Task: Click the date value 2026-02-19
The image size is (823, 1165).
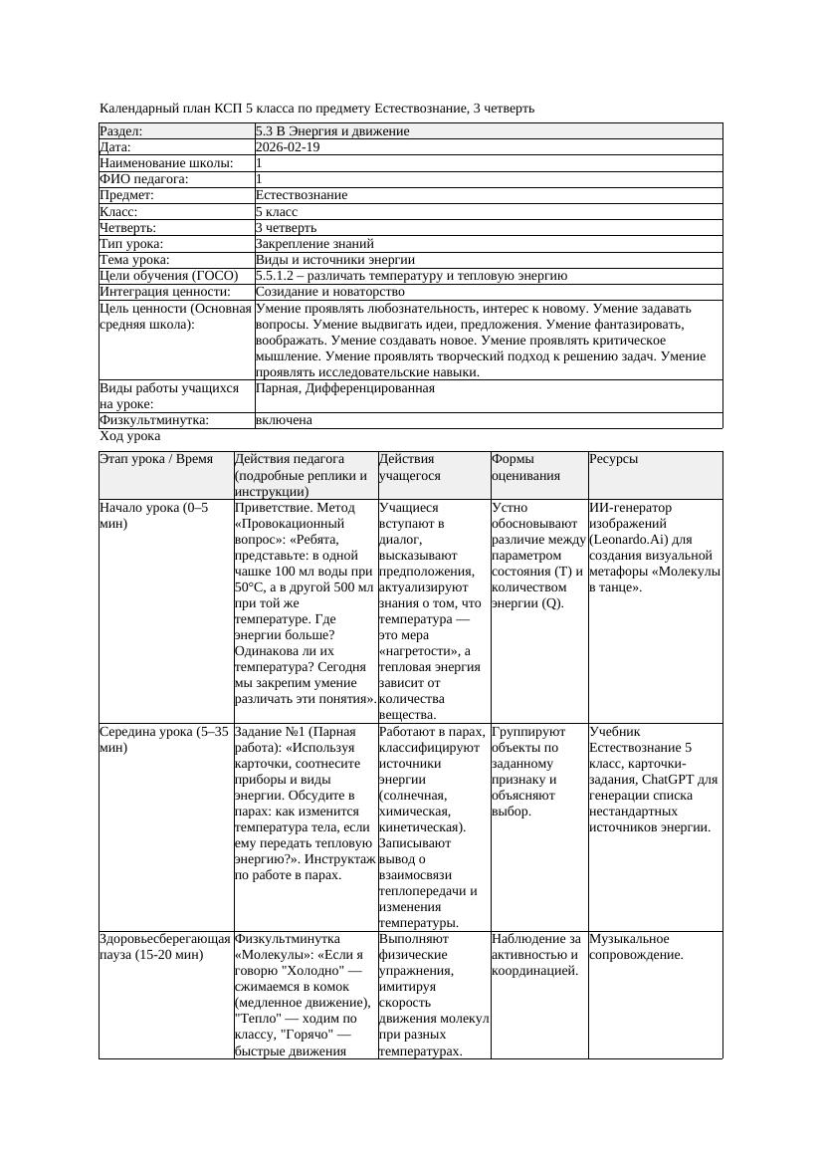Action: pos(288,147)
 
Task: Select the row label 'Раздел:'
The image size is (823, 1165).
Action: pos(121,131)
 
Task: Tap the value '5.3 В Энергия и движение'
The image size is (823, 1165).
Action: pos(332,131)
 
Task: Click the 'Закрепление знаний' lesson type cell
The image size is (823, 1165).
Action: pos(314,244)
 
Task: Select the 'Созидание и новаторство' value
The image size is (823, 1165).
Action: pos(329,292)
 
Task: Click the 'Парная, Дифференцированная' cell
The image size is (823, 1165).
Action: pos(344,388)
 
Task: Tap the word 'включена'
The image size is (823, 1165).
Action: pos(284,420)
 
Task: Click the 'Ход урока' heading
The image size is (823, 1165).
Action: pos(130,436)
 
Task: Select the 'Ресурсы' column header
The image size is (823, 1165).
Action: pos(614,459)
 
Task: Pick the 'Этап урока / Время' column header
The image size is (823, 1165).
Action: pos(156,459)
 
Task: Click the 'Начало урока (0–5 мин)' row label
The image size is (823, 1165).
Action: pos(153,515)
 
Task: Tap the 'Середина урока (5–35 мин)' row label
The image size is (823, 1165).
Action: pos(164,739)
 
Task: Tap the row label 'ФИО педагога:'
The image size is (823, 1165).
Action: pos(144,179)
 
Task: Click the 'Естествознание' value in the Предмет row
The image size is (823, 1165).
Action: pos(302,195)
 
